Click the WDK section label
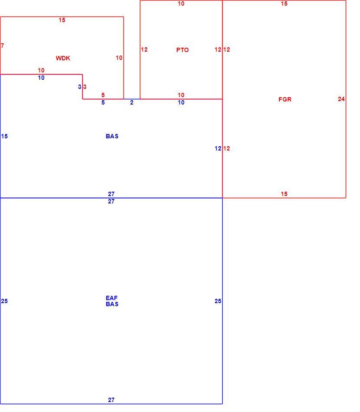coord(63,58)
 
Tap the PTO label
coord(182,50)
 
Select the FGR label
coord(285,99)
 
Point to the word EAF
coord(111,298)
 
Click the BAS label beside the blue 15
coord(112,136)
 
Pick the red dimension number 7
coord(2,46)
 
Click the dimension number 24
coord(341,99)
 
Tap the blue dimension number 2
coord(132,102)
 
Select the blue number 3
coord(80,87)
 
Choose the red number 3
coord(85,87)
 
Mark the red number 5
coord(103,95)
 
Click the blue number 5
coord(103,102)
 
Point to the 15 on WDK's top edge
coord(62,20)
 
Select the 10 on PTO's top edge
coord(181,3)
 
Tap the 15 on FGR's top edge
coord(284,3)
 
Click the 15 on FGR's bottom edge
coord(284,194)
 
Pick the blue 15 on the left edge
coord(4,136)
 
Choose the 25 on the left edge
coord(4,301)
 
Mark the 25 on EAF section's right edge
coord(218,301)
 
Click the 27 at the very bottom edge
coord(111,400)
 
